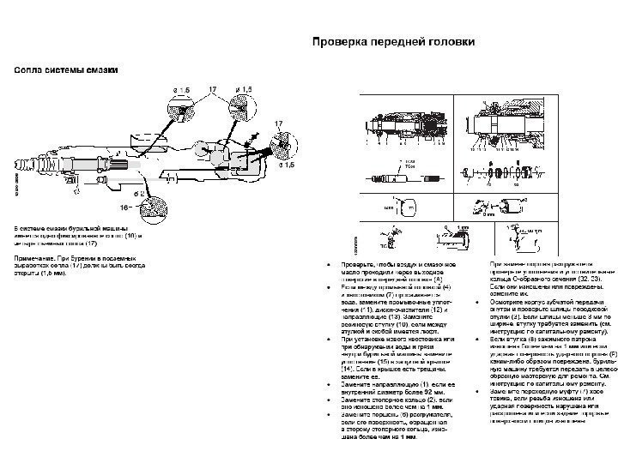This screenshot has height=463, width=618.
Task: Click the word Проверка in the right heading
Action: tap(338, 39)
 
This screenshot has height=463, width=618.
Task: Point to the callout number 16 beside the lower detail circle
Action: tap(125, 207)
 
